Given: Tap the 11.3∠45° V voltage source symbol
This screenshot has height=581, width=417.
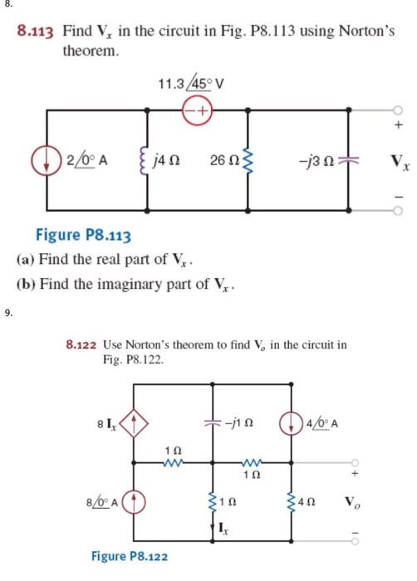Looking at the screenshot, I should tap(199, 109).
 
